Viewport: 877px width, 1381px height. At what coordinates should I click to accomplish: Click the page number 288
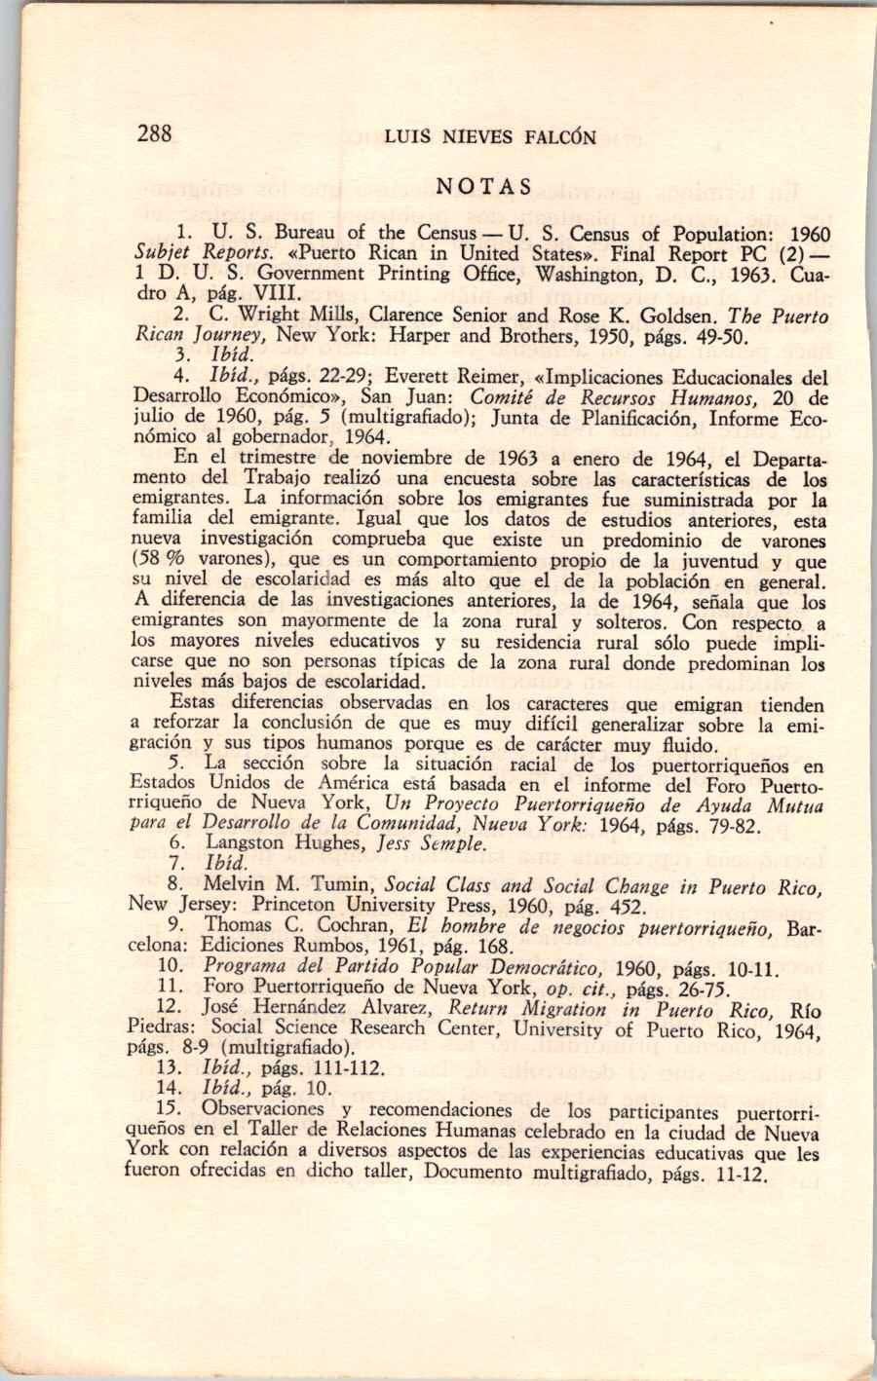[155, 133]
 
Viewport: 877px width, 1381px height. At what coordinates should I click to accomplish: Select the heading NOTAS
[484, 186]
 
